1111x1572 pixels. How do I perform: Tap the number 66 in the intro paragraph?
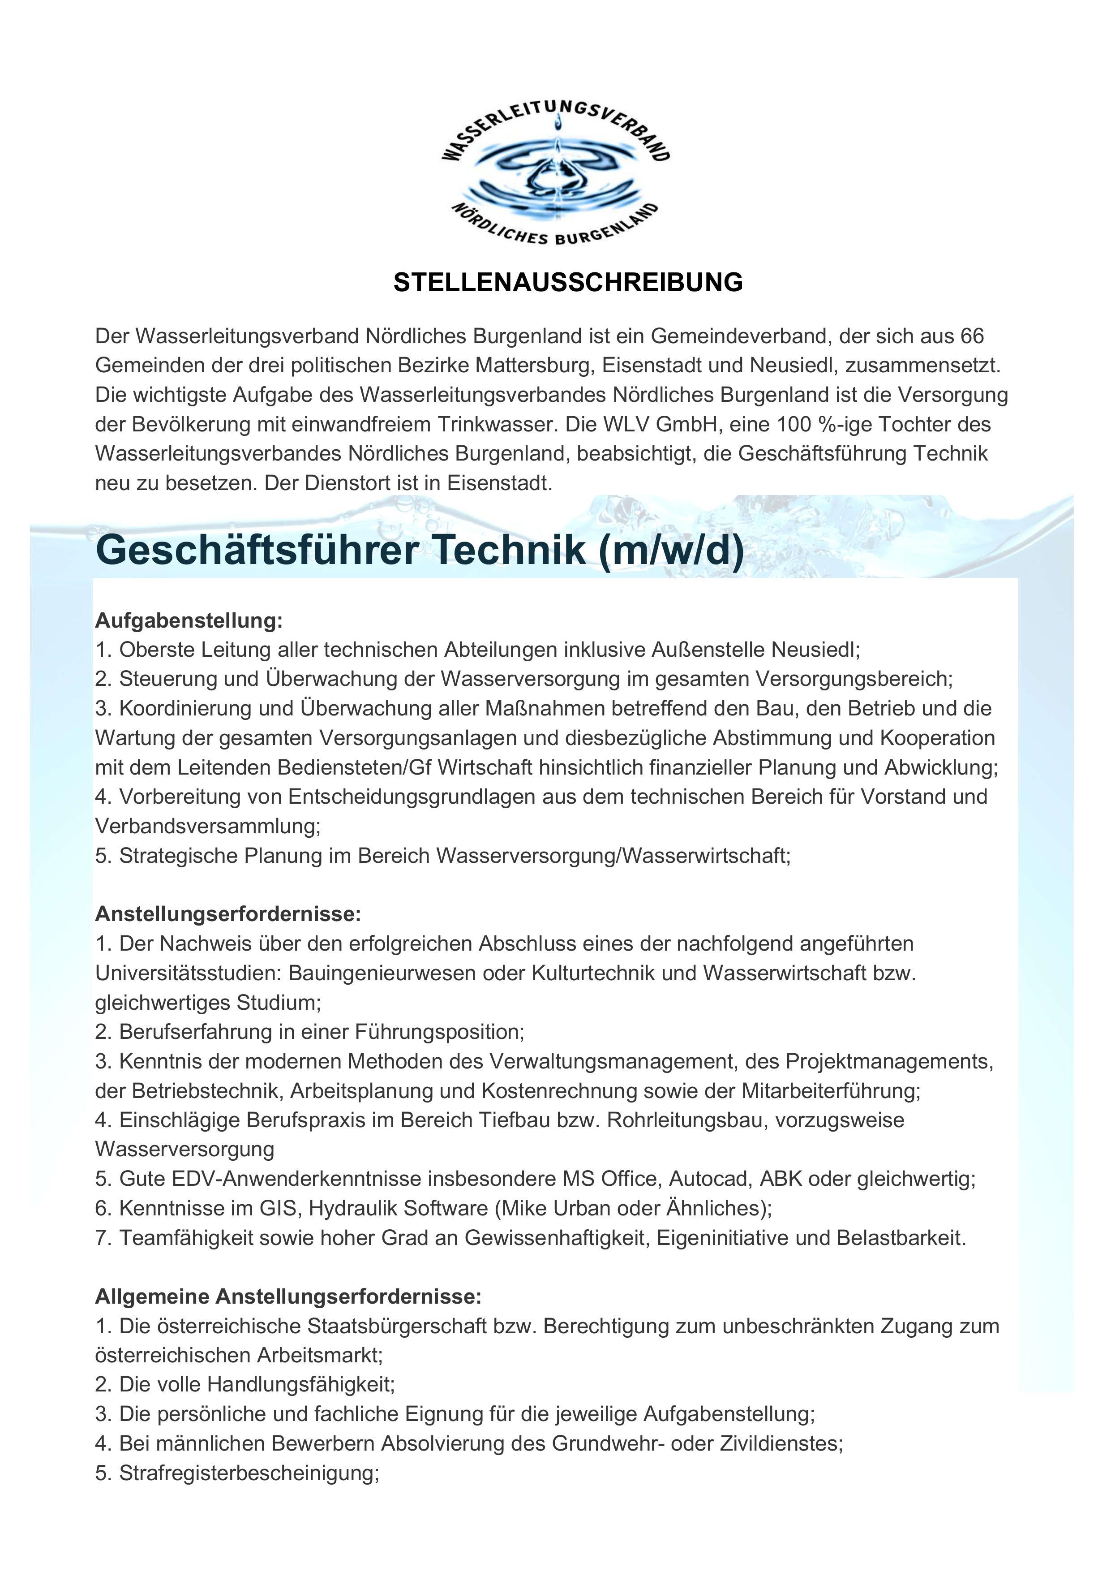coord(972,336)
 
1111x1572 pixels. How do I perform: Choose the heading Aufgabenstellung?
coord(188,620)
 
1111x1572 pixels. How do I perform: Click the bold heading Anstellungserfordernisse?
coord(228,914)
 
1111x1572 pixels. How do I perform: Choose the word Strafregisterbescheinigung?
coord(249,1473)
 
